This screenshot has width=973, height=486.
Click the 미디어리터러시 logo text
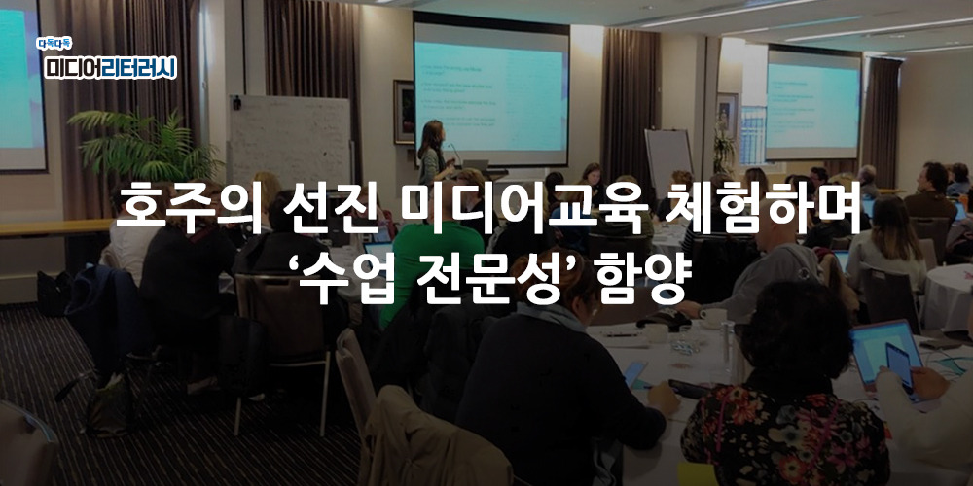110,66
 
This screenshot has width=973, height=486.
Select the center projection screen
490,87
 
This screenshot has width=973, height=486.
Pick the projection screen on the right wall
812,102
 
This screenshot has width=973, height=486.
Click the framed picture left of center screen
403,111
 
